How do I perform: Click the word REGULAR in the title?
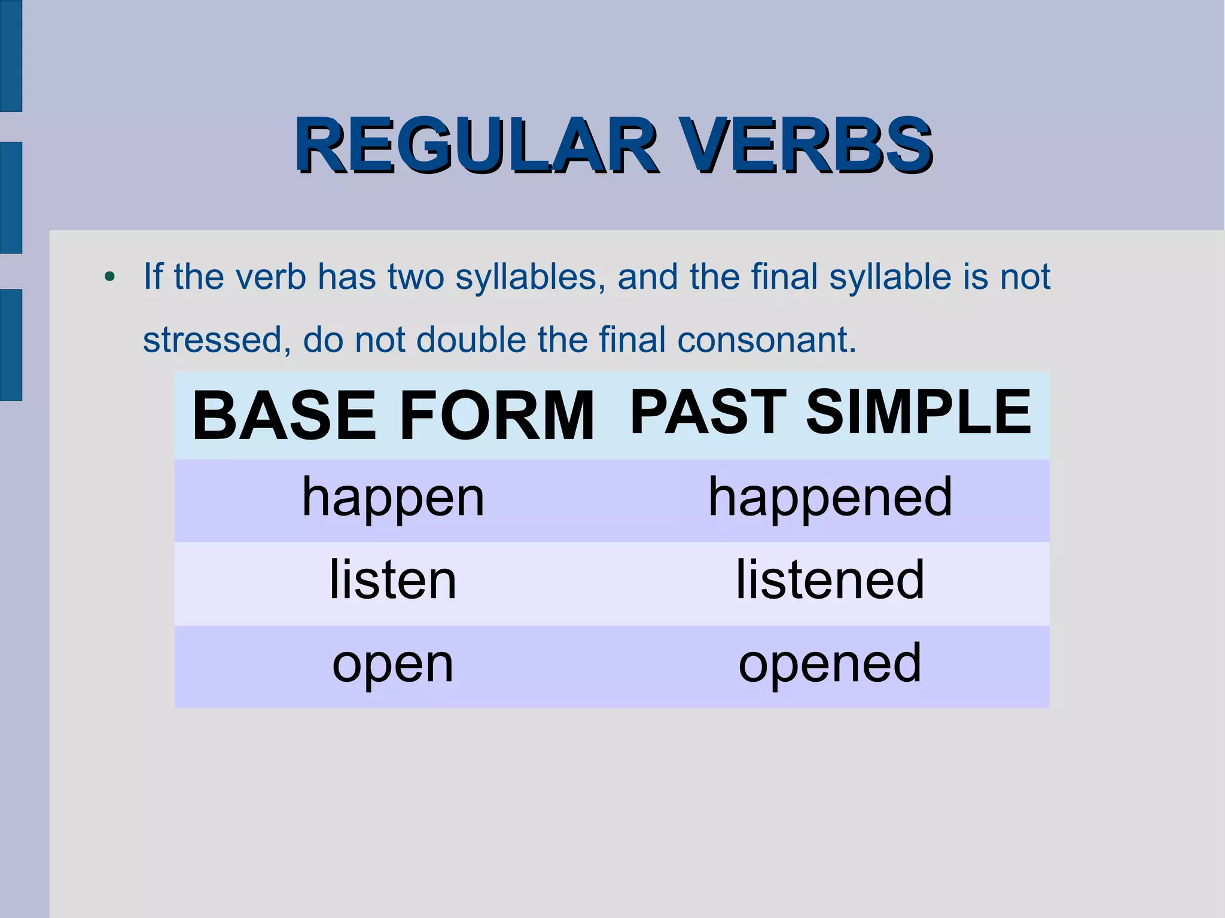[476, 145]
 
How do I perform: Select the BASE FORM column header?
[393, 416]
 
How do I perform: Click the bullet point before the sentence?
[109, 277]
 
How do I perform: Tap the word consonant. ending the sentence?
[767, 340]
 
